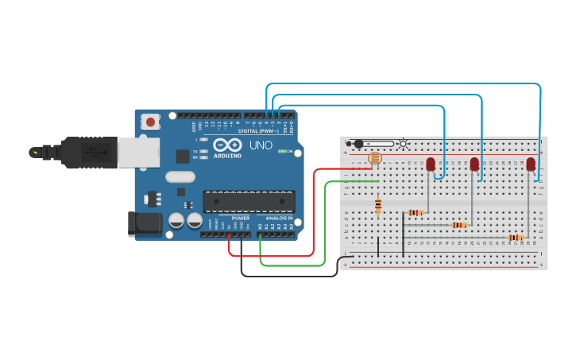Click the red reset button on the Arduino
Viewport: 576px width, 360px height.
pyautogui.click(x=150, y=122)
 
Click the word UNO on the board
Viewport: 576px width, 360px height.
pyautogui.click(x=261, y=146)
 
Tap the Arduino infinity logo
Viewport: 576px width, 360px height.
pyautogui.click(x=227, y=147)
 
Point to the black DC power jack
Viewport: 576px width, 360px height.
pyautogui.click(x=145, y=223)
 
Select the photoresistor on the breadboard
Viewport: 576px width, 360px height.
pyautogui.click(x=376, y=159)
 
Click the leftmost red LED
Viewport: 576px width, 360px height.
pyautogui.click(x=431, y=165)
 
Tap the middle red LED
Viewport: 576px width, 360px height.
pyautogui.click(x=474, y=165)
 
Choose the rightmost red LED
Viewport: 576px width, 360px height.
pyautogui.click(x=531, y=165)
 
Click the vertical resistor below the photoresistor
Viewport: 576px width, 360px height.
pyautogui.click(x=378, y=207)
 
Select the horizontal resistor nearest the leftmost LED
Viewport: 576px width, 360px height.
pyautogui.click(x=416, y=212)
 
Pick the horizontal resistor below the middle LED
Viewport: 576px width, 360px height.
pyautogui.click(x=459, y=225)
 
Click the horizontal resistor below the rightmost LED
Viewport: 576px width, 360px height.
pyautogui.click(x=516, y=237)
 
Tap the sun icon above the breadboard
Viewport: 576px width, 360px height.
pyautogui.click(x=404, y=144)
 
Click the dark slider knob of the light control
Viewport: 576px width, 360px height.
pyautogui.click(x=358, y=144)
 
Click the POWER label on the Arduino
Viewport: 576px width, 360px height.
pyautogui.click(x=240, y=218)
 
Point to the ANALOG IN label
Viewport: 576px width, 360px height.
pyautogui.click(x=279, y=218)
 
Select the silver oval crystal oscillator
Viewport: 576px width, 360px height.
pyautogui.click(x=180, y=177)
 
